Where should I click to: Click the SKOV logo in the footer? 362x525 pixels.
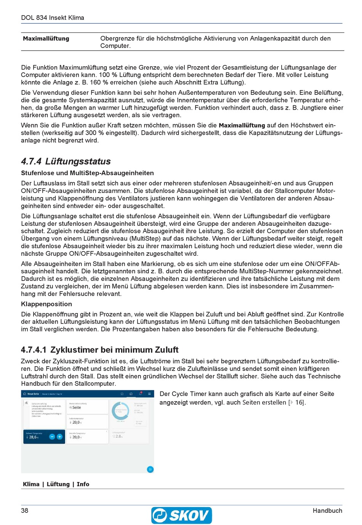point(181,515)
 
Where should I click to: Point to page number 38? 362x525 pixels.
point(25,511)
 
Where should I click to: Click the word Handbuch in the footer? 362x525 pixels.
point(327,511)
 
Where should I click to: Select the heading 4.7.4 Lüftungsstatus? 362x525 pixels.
point(66,161)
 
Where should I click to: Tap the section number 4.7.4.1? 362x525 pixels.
point(34,349)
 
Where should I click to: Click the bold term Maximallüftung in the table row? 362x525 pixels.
point(46,38)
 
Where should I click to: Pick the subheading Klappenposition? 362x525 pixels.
point(46,304)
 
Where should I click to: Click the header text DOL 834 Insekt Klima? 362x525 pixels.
point(53,18)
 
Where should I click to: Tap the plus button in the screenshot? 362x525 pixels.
point(59,437)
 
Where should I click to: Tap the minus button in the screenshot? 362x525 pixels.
point(52,437)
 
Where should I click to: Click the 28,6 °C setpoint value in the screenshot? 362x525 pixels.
point(34,437)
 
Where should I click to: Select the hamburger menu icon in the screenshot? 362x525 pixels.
point(149,394)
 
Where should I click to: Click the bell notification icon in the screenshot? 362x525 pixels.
point(140,394)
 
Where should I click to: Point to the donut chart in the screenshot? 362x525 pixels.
point(120,411)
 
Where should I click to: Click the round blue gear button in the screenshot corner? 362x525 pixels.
point(150,469)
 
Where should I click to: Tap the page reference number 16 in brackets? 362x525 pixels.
point(299,402)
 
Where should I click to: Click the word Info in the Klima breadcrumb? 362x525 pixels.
point(83,484)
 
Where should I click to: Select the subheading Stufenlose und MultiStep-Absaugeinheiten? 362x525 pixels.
point(87,173)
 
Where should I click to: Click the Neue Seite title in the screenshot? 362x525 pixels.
point(33,394)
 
